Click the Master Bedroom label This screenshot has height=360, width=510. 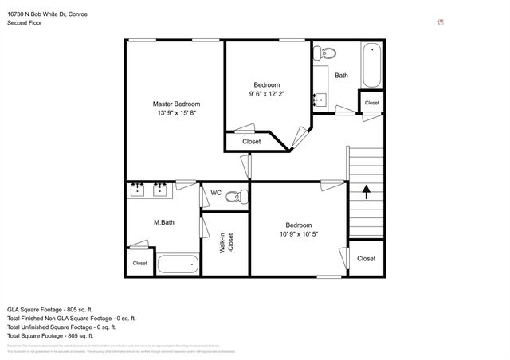tap(176, 104)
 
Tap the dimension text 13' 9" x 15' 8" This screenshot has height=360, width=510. tap(176, 113)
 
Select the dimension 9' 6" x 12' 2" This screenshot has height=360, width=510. tap(267, 94)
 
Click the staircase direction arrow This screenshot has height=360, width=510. tap(367, 192)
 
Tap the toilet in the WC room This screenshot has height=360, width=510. tap(233, 196)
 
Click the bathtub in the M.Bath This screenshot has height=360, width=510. tap(177, 264)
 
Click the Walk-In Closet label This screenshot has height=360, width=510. tap(226, 242)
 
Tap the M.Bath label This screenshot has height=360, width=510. tap(164, 222)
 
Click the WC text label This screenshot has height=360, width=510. tap(215, 193)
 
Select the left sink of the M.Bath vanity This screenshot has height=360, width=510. tap(137, 190)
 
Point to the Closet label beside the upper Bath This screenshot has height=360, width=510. tap(371, 104)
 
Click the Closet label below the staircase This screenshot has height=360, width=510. tap(367, 259)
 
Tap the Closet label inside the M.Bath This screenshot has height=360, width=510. tap(139, 263)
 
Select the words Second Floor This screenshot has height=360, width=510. tap(25, 23)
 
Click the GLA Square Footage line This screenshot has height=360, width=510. tap(50, 309)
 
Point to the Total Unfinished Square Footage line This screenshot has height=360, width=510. tap(61, 327)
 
